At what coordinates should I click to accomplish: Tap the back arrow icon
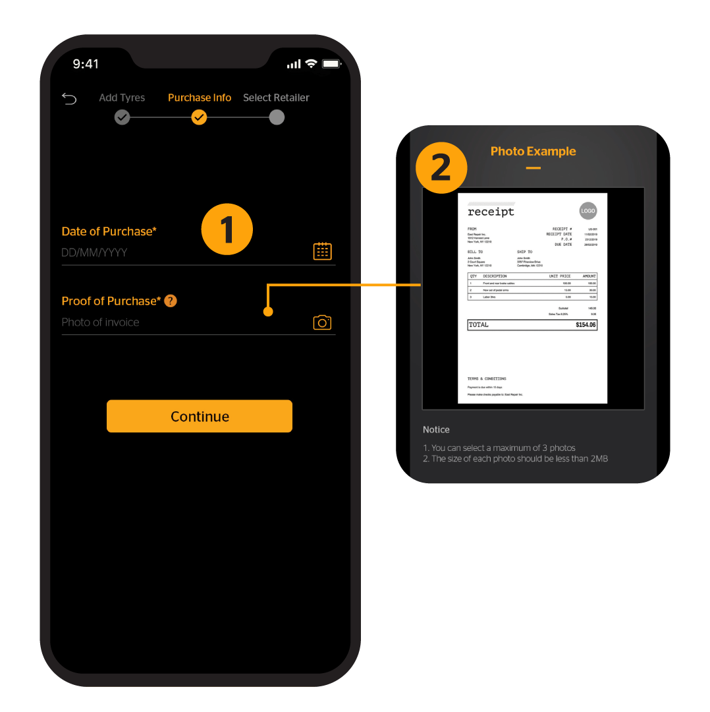pyautogui.click(x=69, y=98)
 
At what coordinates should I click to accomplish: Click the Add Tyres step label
pyautogui.click(x=122, y=98)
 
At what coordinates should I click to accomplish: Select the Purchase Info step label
pyautogui.click(x=200, y=98)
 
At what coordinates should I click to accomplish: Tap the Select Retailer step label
pyautogui.click(x=276, y=98)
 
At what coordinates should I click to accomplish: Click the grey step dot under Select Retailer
pyautogui.click(x=277, y=117)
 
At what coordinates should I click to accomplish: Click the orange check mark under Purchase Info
pyautogui.click(x=199, y=117)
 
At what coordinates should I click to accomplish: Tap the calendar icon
pyautogui.click(x=322, y=251)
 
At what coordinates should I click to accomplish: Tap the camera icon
pyautogui.click(x=322, y=322)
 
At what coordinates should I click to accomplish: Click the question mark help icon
pyautogui.click(x=171, y=301)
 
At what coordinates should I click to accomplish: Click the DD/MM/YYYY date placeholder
pyautogui.click(x=94, y=252)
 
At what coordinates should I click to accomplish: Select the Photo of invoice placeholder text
pyautogui.click(x=100, y=322)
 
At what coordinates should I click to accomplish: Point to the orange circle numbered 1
pyautogui.click(x=227, y=229)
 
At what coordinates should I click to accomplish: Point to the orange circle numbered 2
pyautogui.click(x=441, y=167)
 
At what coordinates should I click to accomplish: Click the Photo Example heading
pyautogui.click(x=533, y=151)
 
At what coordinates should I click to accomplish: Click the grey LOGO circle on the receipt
pyautogui.click(x=587, y=211)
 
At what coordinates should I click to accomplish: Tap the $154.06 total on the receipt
pyautogui.click(x=585, y=325)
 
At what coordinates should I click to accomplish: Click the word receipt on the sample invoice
pyautogui.click(x=491, y=212)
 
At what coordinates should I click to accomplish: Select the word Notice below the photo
pyautogui.click(x=436, y=430)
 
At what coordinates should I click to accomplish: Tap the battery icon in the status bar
pyautogui.click(x=331, y=64)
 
